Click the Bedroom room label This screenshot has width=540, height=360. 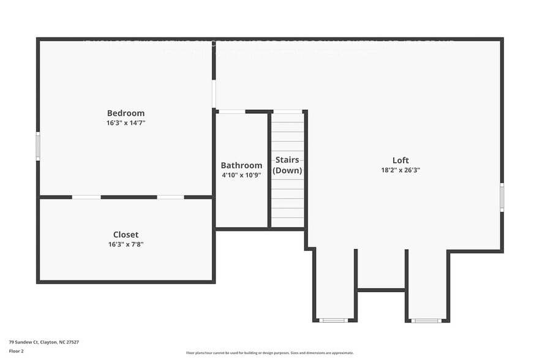[126, 113]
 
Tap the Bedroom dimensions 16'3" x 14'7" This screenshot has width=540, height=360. [126, 123]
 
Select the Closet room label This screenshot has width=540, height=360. [126, 234]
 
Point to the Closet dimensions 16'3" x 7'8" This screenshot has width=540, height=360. [126, 244]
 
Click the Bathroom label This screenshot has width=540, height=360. [241, 165]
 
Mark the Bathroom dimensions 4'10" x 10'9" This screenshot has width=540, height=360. [241, 175]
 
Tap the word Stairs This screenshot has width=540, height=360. [287, 160]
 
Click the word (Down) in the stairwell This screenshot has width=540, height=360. [287, 170]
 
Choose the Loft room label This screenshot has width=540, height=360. [400, 160]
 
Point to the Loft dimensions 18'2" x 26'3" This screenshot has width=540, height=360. [400, 170]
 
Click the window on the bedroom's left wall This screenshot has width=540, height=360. [38, 147]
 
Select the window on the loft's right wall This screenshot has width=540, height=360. [501, 197]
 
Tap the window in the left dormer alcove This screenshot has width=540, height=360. [334, 320]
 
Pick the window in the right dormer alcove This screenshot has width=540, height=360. [426, 320]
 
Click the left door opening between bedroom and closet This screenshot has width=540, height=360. [86, 197]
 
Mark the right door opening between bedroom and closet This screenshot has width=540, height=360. [170, 197]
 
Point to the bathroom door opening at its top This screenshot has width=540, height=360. [231, 111]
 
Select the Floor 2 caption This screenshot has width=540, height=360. [17, 351]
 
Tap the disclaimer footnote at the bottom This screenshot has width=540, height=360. [269, 353]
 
